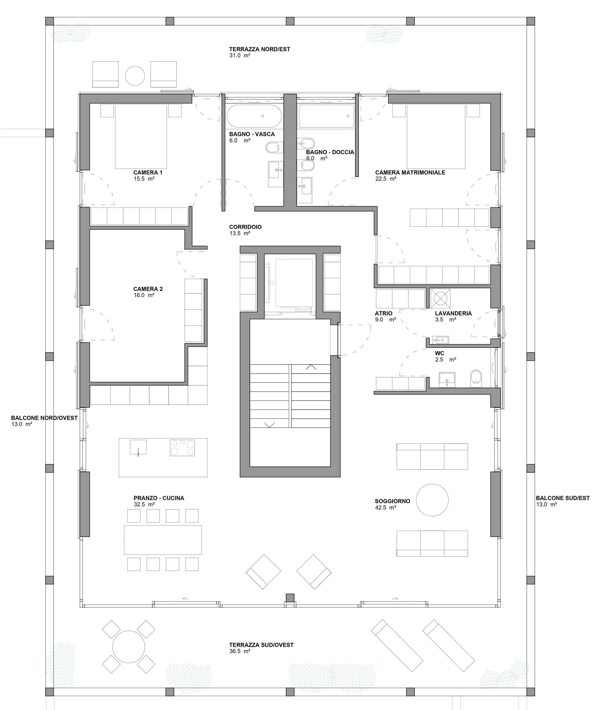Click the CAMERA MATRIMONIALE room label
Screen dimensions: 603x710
coord(410,173)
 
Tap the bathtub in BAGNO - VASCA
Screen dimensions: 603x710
coord(254,116)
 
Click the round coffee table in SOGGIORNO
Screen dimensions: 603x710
coord(432,500)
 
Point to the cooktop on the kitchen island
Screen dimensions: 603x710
coord(182,448)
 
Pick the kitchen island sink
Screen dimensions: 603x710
coord(138,448)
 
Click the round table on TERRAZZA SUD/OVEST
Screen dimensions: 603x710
coord(129,647)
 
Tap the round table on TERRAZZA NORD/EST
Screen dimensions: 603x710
coord(135,75)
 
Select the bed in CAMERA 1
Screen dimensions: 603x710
coord(141,136)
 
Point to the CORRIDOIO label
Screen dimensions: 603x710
coord(245,227)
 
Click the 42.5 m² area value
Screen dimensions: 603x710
coord(385,508)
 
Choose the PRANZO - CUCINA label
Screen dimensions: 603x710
coord(159,498)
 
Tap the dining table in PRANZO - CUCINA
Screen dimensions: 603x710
coord(163,540)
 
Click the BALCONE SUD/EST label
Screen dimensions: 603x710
coord(563,498)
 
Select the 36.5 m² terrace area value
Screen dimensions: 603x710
coord(240,651)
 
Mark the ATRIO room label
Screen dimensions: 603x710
coord(384,313)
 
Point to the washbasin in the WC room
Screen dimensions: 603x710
coord(447,379)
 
